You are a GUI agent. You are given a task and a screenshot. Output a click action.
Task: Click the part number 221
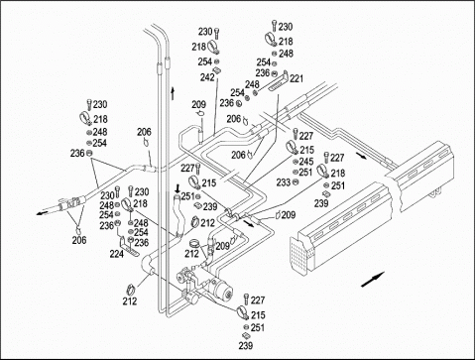click(297, 78)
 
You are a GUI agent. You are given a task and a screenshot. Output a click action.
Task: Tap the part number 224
click(117, 254)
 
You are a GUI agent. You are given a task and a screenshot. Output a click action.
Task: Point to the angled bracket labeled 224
click(128, 246)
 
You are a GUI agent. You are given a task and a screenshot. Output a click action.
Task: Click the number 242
click(207, 77)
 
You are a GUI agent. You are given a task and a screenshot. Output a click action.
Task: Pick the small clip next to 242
click(217, 70)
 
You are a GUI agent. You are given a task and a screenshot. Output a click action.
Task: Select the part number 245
click(306, 162)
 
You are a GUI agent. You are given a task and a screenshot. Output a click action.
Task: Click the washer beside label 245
click(296, 162)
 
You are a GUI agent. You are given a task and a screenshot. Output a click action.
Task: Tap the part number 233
click(284, 182)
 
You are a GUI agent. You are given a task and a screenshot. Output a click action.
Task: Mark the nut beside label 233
click(296, 182)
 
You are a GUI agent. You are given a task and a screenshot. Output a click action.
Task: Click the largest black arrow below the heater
click(373, 280)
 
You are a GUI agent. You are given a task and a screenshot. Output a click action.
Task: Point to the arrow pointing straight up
click(173, 92)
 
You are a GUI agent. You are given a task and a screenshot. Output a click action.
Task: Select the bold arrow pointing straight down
click(178, 188)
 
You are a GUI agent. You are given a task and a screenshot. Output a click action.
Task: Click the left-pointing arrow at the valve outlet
click(42, 213)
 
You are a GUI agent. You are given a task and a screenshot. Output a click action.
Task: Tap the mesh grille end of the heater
click(298, 255)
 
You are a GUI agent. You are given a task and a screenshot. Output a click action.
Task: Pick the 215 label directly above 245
click(306, 150)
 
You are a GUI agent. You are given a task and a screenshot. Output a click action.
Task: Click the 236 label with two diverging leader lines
click(77, 153)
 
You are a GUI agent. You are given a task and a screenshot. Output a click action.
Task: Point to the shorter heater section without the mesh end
click(423, 176)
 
